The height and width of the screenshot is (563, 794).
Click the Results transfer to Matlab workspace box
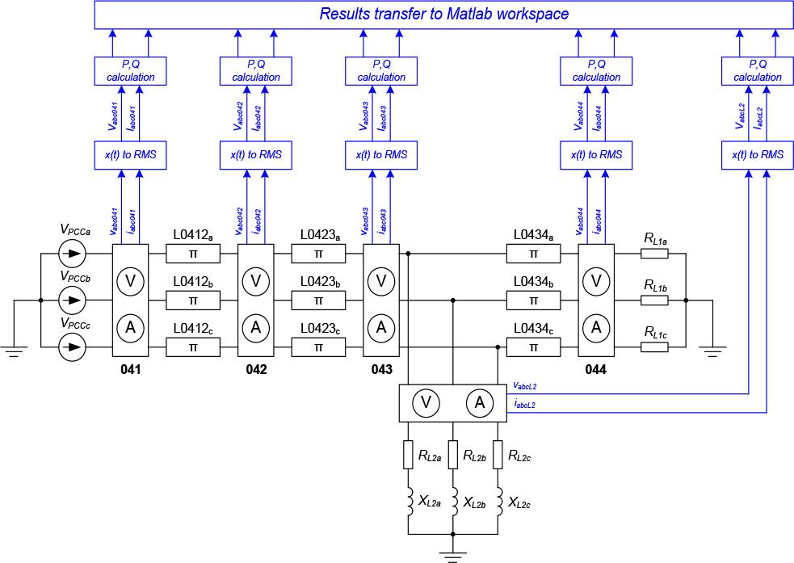(443, 15)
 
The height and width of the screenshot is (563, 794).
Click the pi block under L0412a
(193, 254)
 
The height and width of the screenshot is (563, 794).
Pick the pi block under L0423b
(318, 300)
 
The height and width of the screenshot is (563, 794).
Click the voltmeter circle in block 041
(130, 280)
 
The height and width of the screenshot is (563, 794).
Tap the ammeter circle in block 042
(256, 327)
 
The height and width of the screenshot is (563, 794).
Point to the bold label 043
(381, 369)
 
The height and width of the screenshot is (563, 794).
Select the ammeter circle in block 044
(597, 327)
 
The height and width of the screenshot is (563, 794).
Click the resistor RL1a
(654, 254)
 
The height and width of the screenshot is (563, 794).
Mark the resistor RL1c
(654, 347)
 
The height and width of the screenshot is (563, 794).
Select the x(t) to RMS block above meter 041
(130, 154)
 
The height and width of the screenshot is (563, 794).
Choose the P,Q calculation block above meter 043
(381, 71)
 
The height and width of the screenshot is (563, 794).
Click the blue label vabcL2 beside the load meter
(524, 386)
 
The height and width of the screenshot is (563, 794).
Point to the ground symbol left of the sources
(15, 349)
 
